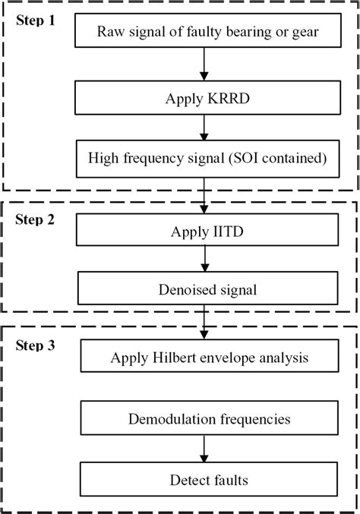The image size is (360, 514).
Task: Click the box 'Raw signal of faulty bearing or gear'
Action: point(202,31)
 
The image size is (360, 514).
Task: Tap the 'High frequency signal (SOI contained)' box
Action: point(202,159)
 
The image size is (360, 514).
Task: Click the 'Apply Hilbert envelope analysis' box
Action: point(202,356)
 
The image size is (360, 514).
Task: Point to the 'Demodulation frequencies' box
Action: point(202,419)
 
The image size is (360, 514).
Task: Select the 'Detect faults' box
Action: point(202,479)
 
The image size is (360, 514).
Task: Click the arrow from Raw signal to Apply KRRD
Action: point(202,64)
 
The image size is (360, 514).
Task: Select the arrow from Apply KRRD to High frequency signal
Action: point(202,128)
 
